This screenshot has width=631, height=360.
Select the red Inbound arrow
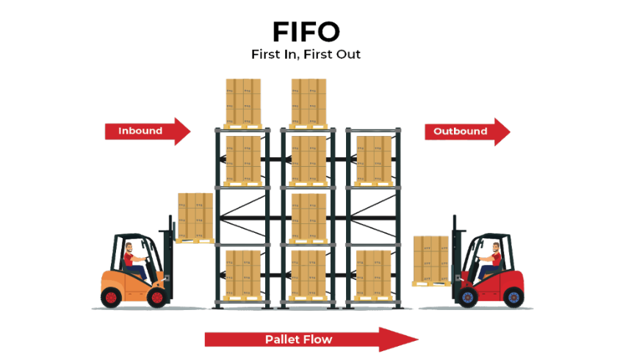(148, 132)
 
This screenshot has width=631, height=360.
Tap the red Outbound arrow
(467, 132)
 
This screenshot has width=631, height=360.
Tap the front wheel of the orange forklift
(156, 298)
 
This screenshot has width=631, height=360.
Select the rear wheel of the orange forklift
(111, 298)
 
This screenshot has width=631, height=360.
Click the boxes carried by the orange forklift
(195, 215)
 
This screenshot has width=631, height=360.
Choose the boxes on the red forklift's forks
(431, 259)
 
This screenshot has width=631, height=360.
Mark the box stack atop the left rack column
(243, 101)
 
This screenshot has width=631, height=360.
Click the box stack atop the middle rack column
(309, 101)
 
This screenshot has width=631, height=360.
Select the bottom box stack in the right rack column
(374, 273)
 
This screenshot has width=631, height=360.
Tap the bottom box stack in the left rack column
(243, 273)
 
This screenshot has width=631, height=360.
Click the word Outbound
(460, 132)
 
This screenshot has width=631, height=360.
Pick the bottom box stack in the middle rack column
(309, 273)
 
